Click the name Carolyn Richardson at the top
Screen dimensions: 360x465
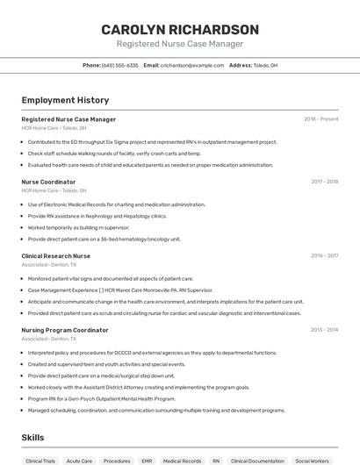[180, 29]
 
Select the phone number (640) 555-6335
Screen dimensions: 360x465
[120, 65]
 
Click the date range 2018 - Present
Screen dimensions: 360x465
[320, 119]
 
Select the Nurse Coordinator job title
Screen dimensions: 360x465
[48, 182]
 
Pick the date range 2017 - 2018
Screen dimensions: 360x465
[324, 182]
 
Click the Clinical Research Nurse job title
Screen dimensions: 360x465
[55, 256]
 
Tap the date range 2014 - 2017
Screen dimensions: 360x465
[324, 256]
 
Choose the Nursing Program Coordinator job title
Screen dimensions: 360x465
[65, 330]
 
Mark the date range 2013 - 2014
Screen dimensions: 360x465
[324, 330]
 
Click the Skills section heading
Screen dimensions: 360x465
[33, 437]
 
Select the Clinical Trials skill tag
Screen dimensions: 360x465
[40, 460]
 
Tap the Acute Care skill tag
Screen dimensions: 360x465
[79, 460]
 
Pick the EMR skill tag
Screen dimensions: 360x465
[147, 460]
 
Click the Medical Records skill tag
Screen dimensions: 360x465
[182, 460]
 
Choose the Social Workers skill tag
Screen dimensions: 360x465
[312, 460]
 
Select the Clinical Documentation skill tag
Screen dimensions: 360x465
[255, 460]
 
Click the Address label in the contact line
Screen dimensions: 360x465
[241, 65]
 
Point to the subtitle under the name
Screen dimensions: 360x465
[180, 44]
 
